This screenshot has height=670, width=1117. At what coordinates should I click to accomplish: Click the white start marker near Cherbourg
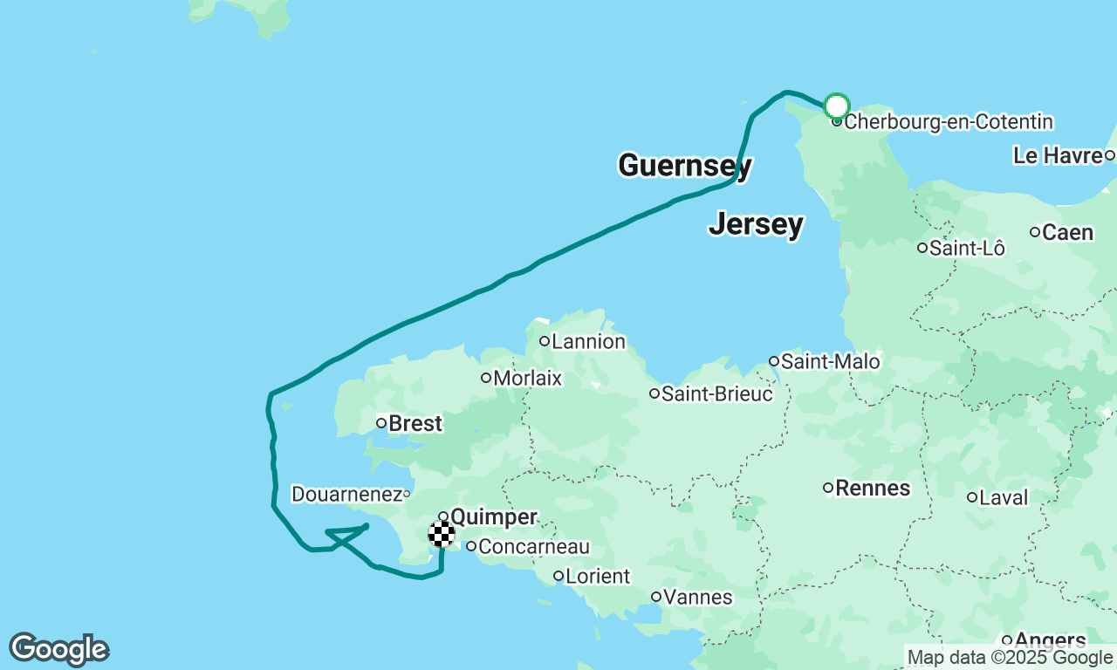(836, 106)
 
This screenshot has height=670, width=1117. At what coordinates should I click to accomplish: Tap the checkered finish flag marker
(442, 533)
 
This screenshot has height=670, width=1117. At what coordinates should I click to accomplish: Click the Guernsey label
(684, 165)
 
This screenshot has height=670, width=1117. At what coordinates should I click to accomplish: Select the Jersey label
(756, 224)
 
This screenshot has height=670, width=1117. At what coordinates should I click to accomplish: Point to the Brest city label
(415, 424)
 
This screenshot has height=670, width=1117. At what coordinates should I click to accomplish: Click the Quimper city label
(493, 517)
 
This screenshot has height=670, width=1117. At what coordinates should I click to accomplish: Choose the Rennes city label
(873, 488)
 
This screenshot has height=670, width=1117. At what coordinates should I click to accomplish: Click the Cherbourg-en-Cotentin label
(948, 122)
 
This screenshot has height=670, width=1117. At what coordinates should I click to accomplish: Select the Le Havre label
(1058, 156)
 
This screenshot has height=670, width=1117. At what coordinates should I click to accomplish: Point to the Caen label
(1067, 232)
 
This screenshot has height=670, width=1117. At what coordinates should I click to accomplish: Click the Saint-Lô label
(967, 249)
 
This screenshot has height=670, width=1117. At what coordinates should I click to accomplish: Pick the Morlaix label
(527, 379)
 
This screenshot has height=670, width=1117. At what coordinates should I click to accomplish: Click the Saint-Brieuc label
(716, 394)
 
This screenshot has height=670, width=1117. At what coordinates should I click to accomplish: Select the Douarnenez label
(346, 495)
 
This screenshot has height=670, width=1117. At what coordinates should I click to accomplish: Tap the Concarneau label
(534, 547)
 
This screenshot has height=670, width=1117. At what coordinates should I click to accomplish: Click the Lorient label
(598, 577)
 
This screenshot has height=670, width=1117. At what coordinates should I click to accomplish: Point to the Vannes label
(696, 598)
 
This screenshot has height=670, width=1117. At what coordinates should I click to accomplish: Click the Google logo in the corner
(58, 649)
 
